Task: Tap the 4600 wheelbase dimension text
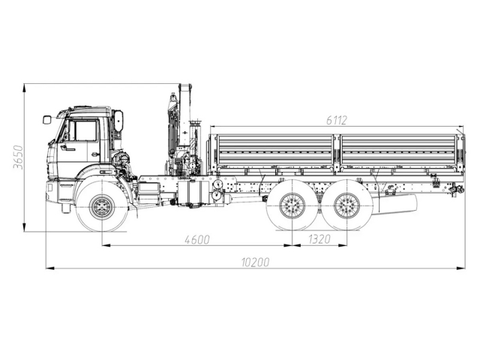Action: pyautogui.click(x=195, y=240)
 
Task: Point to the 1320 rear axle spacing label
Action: pyautogui.click(x=319, y=240)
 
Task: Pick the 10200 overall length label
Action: pyautogui.click(x=255, y=262)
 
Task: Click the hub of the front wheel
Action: pyautogui.click(x=101, y=206)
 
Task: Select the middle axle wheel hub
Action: pyautogui.click(x=292, y=205)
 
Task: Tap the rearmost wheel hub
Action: pyautogui.click(x=346, y=205)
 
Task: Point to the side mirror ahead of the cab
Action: pyautogui.click(x=46, y=118)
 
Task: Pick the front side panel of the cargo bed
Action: pyautogui.click(x=274, y=154)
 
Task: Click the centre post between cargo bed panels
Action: pyautogui.click(x=337, y=154)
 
